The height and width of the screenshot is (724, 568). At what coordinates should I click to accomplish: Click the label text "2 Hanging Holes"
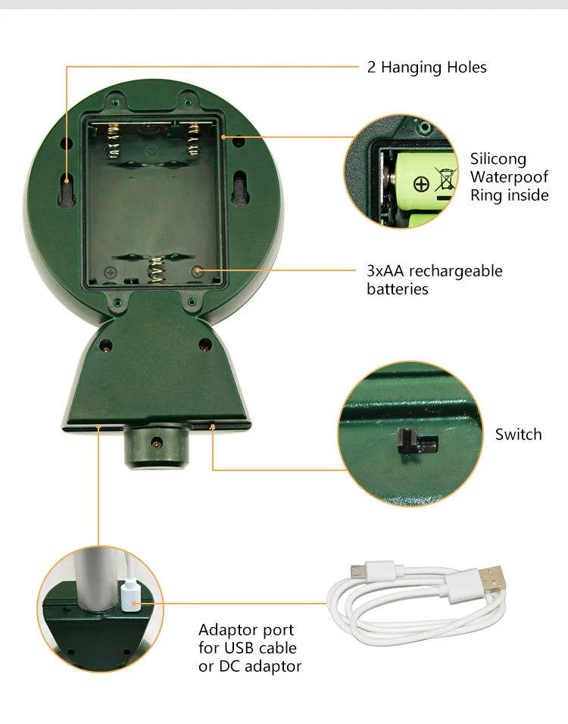coord(426,67)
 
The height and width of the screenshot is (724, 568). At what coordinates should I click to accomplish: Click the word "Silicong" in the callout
coord(498,159)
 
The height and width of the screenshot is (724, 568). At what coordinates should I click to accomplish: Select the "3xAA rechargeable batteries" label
coord(434,279)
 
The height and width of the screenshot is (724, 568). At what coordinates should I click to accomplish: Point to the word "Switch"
coord(518,434)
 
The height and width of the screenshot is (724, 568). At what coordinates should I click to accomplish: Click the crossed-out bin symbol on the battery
coord(446,179)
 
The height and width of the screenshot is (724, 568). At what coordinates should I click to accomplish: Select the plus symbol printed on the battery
coord(421,183)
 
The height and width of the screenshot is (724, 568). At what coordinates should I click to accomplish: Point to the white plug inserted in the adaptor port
coord(128,596)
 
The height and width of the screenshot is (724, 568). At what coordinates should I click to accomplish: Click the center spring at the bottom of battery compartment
coord(158,267)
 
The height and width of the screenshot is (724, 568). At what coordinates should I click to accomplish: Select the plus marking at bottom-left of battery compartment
coord(110,272)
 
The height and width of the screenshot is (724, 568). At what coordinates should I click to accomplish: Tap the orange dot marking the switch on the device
coord(213,427)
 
